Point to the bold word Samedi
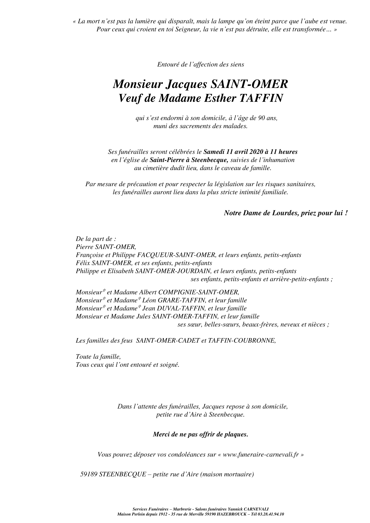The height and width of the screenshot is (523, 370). pos(214,152)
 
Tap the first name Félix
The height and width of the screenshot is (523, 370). pos(83,263)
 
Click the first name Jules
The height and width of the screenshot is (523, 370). pos(144,316)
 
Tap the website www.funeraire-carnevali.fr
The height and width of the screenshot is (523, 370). pos(261,455)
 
